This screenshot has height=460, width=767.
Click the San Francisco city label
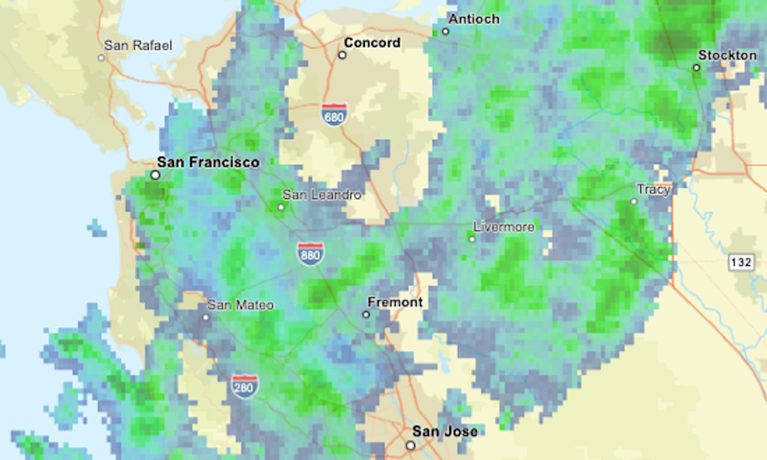[208, 162]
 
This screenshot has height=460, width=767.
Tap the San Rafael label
[138, 46]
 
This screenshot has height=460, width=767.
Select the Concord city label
[372, 43]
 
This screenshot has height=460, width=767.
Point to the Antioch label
[474, 19]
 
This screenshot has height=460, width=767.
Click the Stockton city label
[727, 55]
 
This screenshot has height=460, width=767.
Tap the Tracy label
[653, 190]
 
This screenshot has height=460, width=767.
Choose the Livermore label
[505, 226]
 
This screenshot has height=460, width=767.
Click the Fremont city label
[395, 303]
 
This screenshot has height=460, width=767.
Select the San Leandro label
[321, 195]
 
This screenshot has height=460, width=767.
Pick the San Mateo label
[241, 305]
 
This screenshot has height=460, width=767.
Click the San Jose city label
[445, 432]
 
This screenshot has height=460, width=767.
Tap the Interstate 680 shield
[334, 115]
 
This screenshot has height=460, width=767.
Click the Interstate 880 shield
[310, 254]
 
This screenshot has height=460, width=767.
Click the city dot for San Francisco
[155, 175]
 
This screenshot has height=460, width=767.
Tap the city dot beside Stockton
[697, 67]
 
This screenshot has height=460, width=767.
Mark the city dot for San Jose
[410, 445]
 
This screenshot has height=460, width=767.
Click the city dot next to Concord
[342, 55]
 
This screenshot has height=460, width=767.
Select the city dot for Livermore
[472, 239]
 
